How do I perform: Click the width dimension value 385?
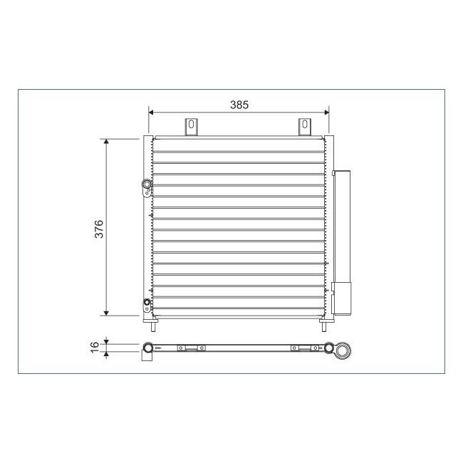click(239, 105)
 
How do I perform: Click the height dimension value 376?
click(100, 228)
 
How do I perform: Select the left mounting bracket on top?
click(192, 126)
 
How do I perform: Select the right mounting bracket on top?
click(305, 126)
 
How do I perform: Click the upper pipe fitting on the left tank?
click(147, 187)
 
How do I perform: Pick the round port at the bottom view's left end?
click(148, 348)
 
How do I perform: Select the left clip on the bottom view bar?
click(191, 348)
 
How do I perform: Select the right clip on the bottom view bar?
click(305, 348)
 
